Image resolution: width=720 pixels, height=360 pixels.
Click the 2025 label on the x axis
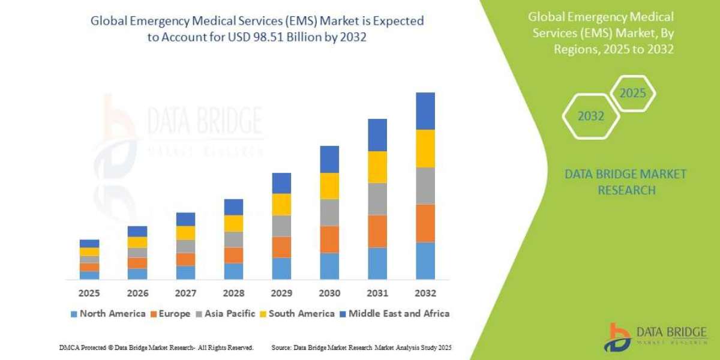89,293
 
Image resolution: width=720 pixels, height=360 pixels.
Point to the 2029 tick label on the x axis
281,293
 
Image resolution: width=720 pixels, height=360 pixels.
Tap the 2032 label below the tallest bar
425,293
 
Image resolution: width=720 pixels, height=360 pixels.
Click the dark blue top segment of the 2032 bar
425,111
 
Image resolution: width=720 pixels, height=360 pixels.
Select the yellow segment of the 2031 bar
377,167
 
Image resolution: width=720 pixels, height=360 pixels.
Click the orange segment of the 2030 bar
329,239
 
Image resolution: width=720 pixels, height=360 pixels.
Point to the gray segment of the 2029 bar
281,226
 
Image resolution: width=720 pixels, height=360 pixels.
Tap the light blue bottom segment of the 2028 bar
233,271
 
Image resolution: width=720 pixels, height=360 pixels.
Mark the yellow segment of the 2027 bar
185,233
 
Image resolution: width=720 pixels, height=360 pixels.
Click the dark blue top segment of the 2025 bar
89,243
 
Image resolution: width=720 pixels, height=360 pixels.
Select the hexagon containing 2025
632,94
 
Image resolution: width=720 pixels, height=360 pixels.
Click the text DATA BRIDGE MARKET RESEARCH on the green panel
626,182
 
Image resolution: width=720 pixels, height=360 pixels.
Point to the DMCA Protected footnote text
156,347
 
